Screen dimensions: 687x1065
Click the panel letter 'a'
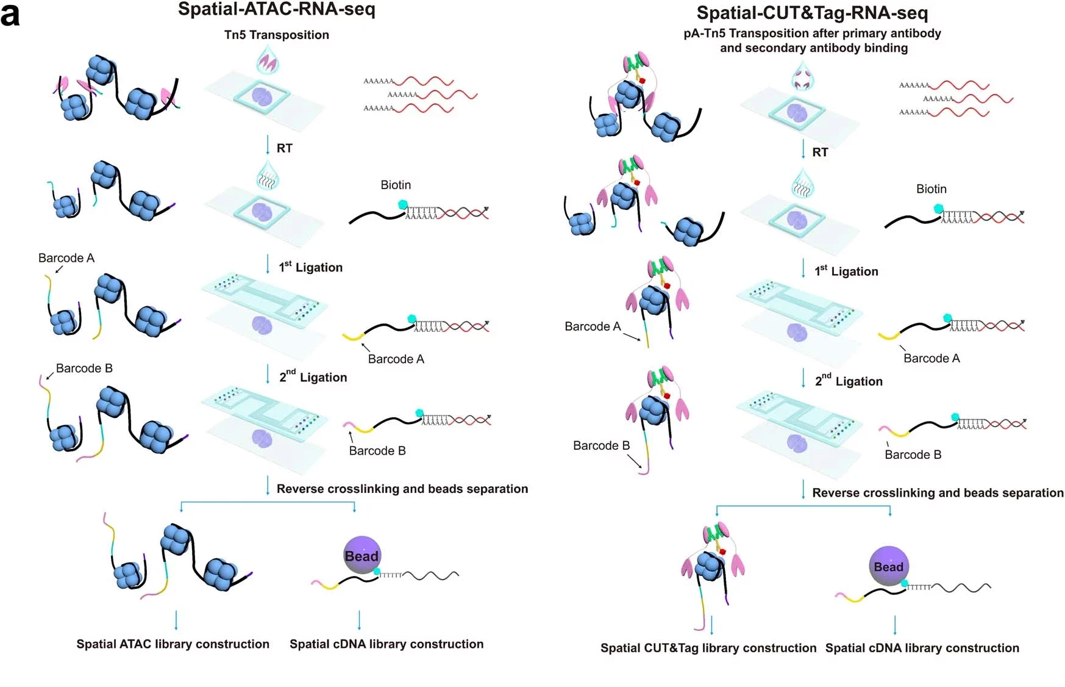(10, 15)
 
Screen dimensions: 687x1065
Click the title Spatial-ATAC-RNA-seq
(276, 9)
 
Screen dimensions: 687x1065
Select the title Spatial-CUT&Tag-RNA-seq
(812, 13)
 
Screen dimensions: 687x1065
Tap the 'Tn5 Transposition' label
(276, 35)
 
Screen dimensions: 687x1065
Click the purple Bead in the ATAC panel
(362, 555)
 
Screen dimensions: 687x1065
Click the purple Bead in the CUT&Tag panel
(888, 566)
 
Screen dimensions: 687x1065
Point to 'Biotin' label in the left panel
(396, 185)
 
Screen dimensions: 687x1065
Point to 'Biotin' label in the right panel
(931, 189)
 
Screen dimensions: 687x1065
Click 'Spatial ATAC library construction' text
(173, 644)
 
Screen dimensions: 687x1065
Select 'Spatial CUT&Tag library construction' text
(708, 648)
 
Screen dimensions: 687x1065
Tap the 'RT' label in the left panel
(284, 148)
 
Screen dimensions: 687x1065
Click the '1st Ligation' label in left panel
(310, 267)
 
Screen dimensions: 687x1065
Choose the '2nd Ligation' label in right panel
(849, 381)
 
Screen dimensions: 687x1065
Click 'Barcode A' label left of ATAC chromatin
(66, 258)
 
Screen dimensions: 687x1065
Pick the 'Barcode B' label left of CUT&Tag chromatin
(601, 445)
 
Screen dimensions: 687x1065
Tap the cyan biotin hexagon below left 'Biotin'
(402, 205)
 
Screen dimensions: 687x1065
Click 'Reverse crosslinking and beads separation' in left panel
(402, 489)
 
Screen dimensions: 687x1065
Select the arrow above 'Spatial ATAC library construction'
(176, 619)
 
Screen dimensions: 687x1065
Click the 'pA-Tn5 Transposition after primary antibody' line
(812, 34)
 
